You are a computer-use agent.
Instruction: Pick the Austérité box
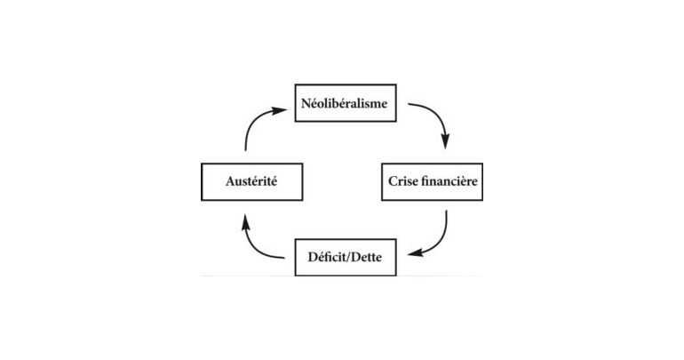tap(252, 181)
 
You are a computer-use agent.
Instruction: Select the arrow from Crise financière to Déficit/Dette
tap(438, 238)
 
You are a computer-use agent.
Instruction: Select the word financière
tap(451, 181)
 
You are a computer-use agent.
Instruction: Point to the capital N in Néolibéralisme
tap(305, 103)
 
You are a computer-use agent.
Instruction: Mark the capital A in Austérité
tap(229, 181)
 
